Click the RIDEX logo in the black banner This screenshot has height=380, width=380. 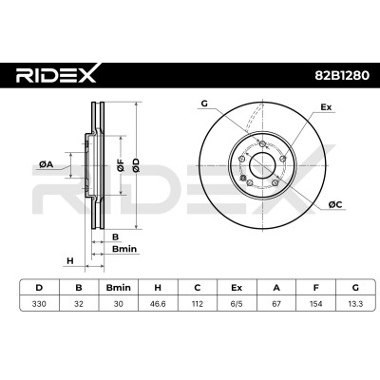(57, 75)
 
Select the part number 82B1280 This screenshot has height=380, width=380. (342, 75)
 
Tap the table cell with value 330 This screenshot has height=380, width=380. (39, 304)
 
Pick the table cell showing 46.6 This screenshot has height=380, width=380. (158, 304)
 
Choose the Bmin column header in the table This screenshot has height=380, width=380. (118, 288)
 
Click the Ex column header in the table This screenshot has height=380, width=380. (237, 288)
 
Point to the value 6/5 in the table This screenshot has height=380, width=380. (237, 304)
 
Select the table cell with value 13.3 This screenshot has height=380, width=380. (355, 304)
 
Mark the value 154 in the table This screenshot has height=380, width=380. (315, 304)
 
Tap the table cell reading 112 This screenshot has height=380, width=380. (198, 304)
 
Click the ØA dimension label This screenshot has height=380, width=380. (46, 164)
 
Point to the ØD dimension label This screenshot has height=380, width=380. (136, 165)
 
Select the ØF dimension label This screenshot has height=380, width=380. (121, 165)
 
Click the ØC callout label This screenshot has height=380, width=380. (335, 205)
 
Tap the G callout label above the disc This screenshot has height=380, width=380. (204, 104)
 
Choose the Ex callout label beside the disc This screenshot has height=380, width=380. (326, 107)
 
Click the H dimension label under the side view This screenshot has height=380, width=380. (70, 261)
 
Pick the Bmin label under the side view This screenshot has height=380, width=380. (124, 249)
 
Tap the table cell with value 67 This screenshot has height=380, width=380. (276, 304)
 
